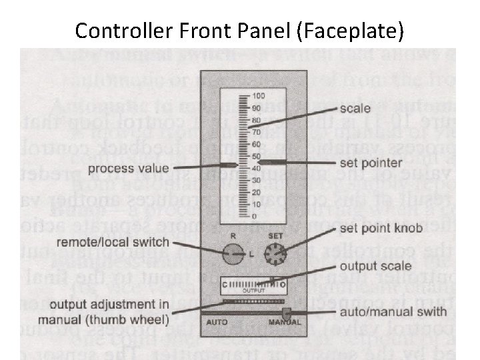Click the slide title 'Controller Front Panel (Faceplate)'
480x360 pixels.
[239, 30]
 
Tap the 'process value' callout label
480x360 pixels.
[128, 167]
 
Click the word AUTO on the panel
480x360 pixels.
[217, 323]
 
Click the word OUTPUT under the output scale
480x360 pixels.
[253, 291]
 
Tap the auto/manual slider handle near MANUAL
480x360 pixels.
[287, 312]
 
